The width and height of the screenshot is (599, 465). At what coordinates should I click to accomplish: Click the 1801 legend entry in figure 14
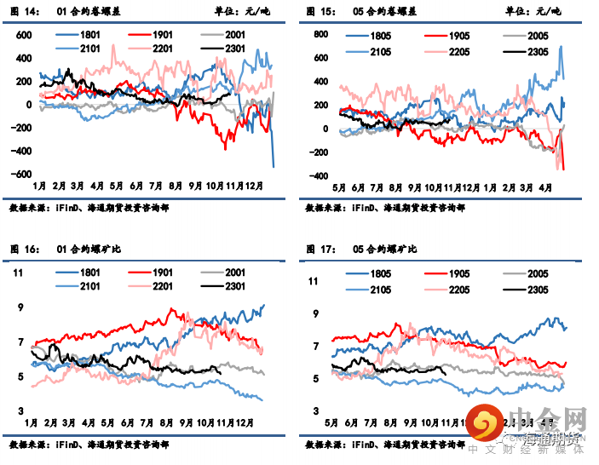(x=82, y=35)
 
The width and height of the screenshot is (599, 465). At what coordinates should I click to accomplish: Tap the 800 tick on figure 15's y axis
(x=321, y=35)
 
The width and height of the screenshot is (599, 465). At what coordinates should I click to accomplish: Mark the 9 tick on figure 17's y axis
(x=315, y=314)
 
